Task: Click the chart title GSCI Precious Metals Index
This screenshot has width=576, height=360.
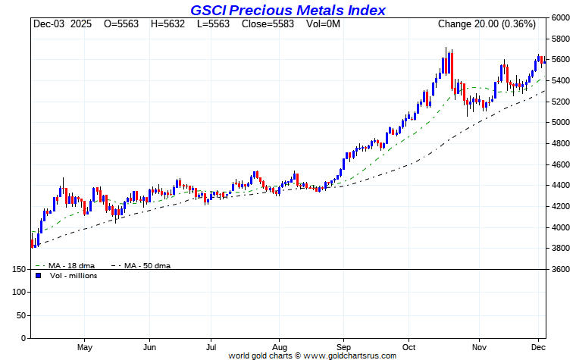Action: click(288, 10)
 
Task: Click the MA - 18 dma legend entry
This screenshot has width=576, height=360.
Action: click(67, 265)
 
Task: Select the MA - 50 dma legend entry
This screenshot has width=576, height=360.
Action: click(144, 265)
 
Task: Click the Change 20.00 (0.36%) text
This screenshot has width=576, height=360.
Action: click(487, 24)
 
